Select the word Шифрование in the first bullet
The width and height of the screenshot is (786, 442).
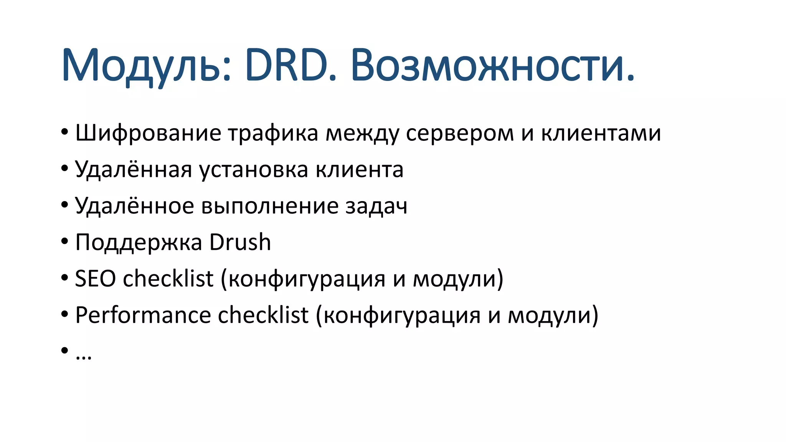148,134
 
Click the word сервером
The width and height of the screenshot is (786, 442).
459,134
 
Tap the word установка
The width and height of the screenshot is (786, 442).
254,170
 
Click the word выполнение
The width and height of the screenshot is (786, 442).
270,206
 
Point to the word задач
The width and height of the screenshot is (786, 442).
376,206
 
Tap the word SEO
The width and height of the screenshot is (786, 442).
95,279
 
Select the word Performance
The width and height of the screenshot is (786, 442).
143,315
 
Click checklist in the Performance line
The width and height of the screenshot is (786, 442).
263,315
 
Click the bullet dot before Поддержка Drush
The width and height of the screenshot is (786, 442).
64,242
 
